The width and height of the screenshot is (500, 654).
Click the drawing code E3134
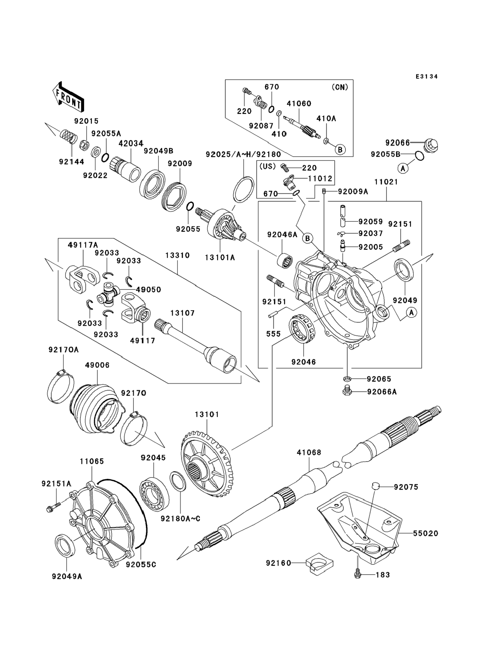[427, 77]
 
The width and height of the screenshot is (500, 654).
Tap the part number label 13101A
[220, 258]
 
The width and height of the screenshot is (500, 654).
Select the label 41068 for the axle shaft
[309, 452]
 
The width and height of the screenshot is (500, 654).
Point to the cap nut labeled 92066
[431, 145]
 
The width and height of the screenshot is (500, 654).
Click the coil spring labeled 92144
[68, 137]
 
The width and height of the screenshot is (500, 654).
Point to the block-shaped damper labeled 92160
[319, 562]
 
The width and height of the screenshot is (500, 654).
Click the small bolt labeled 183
[358, 575]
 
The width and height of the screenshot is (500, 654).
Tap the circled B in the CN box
[340, 150]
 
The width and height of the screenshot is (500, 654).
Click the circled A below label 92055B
[403, 169]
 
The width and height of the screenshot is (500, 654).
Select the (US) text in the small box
[267, 166]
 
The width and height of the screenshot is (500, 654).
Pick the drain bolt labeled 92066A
[347, 391]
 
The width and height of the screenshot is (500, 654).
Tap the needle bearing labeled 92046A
[285, 261]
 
